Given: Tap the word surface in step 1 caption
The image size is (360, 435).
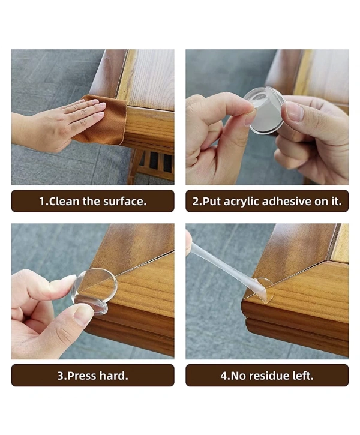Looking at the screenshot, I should pyautogui.click(x=124, y=202).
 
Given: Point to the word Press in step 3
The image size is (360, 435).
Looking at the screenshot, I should pyautogui.click(x=81, y=376).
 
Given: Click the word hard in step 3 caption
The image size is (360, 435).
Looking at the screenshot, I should pyautogui.click(x=114, y=376).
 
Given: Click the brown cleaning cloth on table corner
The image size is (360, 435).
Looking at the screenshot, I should pyautogui.click(x=102, y=120).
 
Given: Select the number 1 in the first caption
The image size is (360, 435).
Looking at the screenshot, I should pyautogui.click(x=42, y=202).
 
